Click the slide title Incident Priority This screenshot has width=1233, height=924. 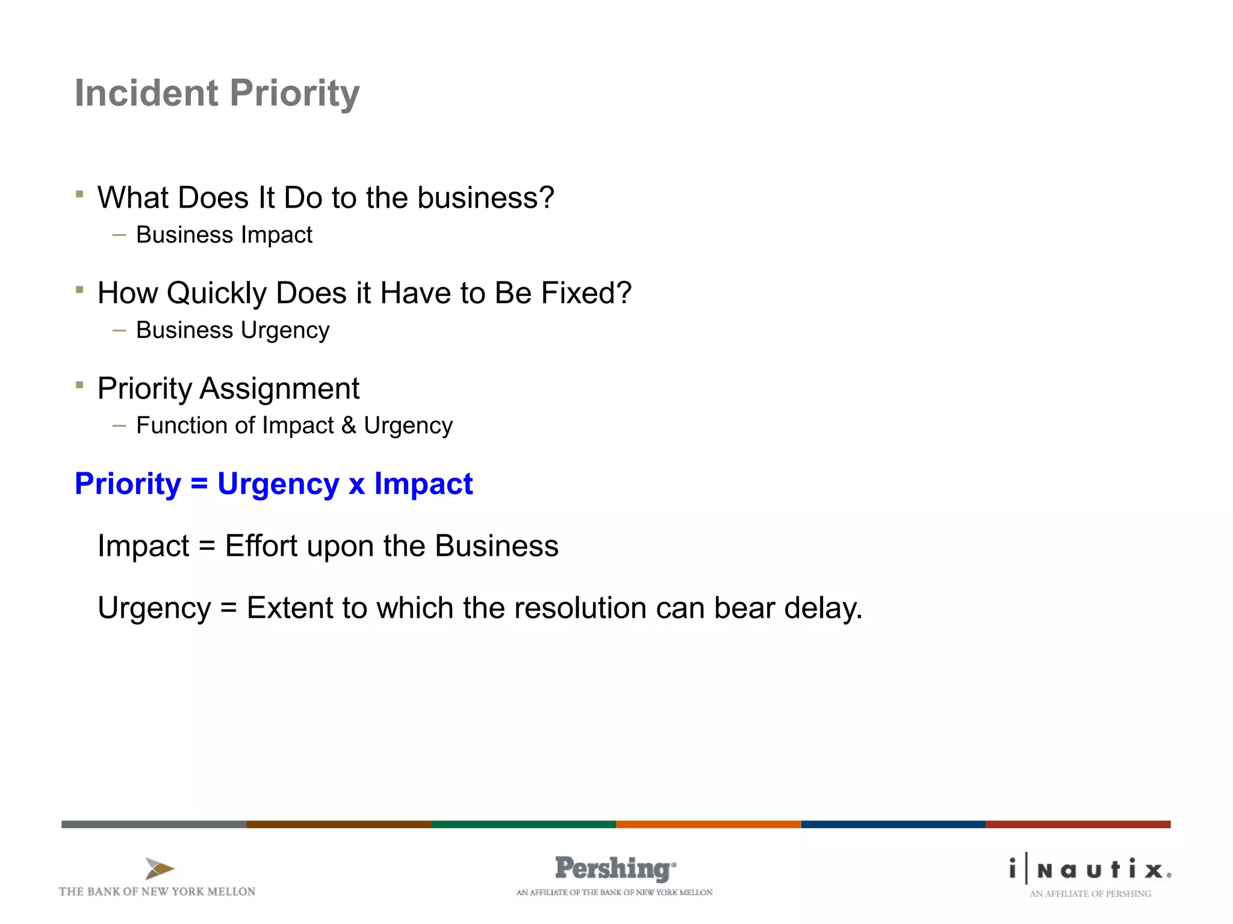(x=217, y=93)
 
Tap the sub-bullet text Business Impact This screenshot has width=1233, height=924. (x=224, y=235)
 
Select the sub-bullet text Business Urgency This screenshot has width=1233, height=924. (x=232, y=330)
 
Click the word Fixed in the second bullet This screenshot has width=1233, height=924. (x=578, y=293)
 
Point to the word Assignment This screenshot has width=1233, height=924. (x=279, y=389)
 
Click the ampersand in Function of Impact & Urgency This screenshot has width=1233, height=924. (x=349, y=425)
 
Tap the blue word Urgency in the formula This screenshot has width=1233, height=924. (x=278, y=484)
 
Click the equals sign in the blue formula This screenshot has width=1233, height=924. (x=199, y=484)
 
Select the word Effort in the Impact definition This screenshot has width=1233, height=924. (x=261, y=546)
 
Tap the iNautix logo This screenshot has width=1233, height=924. (x=1090, y=869)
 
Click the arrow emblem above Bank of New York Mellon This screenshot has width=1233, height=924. (x=159, y=869)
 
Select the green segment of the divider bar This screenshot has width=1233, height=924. (x=523, y=824)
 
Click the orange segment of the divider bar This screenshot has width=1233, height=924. (x=708, y=824)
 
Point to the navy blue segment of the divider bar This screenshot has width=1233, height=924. (x=893, y=824)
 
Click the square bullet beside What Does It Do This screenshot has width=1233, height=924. (x=79, y=194)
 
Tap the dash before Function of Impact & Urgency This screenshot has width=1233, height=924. (x=119, y=426)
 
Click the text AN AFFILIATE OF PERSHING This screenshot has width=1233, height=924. (x=1090, y=894)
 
